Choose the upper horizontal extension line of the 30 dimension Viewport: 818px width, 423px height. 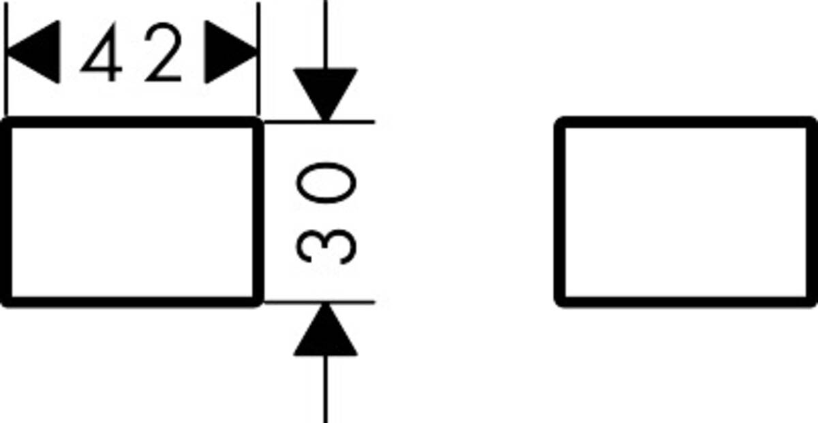354,122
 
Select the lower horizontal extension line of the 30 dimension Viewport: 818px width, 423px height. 354,302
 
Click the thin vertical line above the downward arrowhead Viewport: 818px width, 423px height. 325,34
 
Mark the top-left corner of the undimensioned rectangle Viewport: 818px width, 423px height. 561,123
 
